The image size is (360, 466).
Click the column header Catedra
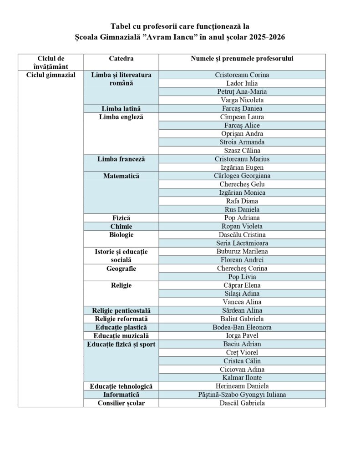(121, 59)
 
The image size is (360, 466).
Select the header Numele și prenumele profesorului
(242, 59)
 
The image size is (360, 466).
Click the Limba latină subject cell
(121, 109)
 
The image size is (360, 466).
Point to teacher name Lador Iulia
(242, 83)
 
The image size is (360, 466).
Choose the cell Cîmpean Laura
(242, 117)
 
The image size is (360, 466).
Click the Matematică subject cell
(121, 176)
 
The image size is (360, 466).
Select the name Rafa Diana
(242, 201)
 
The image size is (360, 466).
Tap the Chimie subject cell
(121, 226)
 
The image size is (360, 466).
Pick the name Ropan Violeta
(242, 226)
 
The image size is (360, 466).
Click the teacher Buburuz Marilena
(242, 252)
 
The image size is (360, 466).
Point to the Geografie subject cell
(121, 268)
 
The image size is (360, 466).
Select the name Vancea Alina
(242, 302)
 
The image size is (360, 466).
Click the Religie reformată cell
(121, 319)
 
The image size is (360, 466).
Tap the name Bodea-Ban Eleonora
(242, 327)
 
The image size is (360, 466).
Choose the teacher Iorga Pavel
(242, 336)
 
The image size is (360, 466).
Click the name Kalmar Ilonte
(242, 378)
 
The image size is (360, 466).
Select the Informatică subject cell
(121, 395)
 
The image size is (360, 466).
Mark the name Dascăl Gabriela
(242, 403)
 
